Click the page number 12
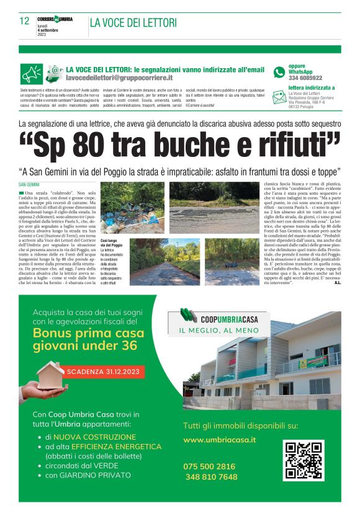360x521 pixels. pyautogui.click(x=25, y=21)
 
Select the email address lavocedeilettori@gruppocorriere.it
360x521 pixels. pyautogui.click(x=120, y=80)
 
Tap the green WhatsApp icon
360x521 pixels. pyautogui.click(x=279, y=73)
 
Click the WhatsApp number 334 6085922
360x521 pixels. pyautogui.click(x=305, y=79)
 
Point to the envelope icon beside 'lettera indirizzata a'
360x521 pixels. pyautogui.click(x=279, y=92)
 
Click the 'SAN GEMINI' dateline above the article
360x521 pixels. pyautogui.click(x=29, y=185)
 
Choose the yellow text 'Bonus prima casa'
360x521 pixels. pyautogui.click(x=88, y=333)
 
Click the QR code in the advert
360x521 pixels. pyautogui.click(x=304, y=460)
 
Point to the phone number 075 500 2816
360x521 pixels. pyautogui.click(x=209, y=466)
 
